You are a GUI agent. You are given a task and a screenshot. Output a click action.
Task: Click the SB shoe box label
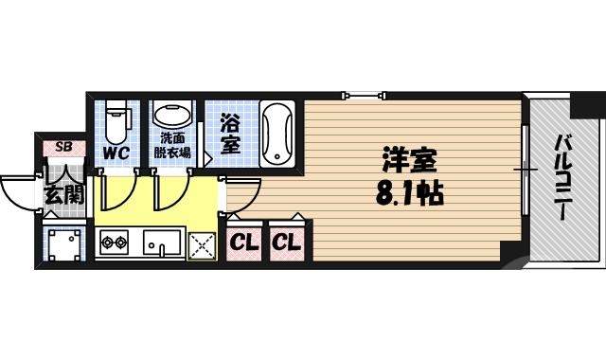tap(64, 146)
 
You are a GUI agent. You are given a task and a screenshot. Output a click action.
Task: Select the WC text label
tap(116, 152)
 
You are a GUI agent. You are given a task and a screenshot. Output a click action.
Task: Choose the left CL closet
tap(242, 243)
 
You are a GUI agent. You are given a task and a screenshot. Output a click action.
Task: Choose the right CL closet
tap(286, 243)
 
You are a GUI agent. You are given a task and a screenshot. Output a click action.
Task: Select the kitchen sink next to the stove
tap(163, 243)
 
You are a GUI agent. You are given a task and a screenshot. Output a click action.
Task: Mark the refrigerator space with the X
tap(204, 244)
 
